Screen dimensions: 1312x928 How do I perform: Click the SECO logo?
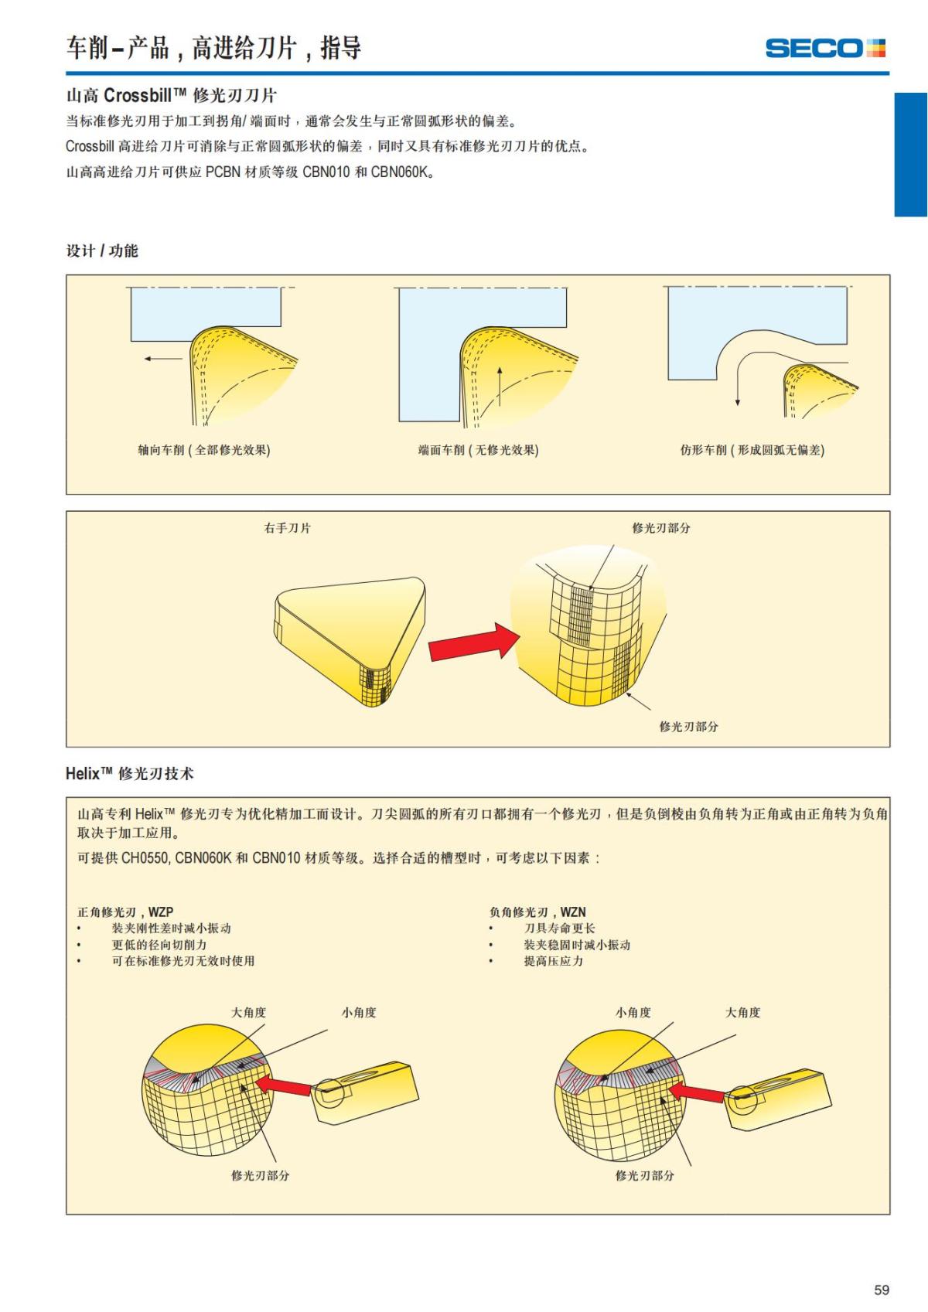click(824, 48)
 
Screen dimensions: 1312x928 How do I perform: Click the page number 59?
click(881, 1290)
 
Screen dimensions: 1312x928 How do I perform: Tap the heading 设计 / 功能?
click(102, 250)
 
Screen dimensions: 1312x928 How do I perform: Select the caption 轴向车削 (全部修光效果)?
click(204, 450)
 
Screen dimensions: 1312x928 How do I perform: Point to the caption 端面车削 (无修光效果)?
click(478, 450)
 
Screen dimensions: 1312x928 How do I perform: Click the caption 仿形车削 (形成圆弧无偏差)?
click(752, 450)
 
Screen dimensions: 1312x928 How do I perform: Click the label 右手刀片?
click(288, 528)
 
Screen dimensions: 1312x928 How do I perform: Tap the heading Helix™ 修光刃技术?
click(130, 773)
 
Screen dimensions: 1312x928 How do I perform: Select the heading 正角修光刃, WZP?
click(125, 912)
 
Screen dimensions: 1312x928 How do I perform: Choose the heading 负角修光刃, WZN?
click(537, 912)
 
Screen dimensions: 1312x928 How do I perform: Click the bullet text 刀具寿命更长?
click(559, 928)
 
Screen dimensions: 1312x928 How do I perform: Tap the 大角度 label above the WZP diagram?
click(249, 1012)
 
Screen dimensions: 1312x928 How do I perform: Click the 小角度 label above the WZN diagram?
click(633, 1012)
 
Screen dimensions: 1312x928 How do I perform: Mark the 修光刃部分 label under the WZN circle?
click(644, 1175)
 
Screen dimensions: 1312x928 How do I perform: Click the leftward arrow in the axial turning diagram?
click(162, 358)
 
